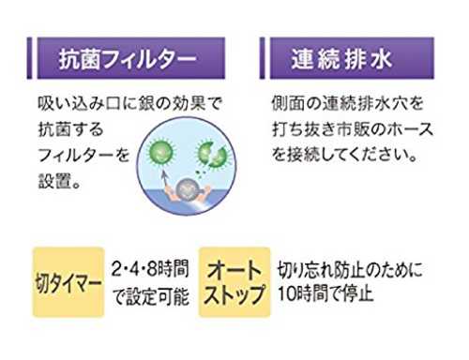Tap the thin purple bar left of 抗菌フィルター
click(x=29, y=58)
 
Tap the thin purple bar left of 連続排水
click(x=262, y=58)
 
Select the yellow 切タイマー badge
click(x=68, y=282)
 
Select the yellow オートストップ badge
click(x=234, y=282)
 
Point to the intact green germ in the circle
click(x=160, y=152)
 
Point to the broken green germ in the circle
click(x=213, y=154)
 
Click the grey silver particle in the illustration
click(x=187, y=188)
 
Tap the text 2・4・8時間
click(x=150, y=269)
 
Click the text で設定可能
click(x=151, y=296)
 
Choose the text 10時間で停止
click(x=325, y=293)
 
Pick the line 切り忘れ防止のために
click(x=350, y=269)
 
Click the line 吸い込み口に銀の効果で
click(x=130, y=103)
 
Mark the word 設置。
click(x=60, y=181)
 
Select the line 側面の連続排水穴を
click(x=347, y=103)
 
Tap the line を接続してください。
click(x=344, y=155)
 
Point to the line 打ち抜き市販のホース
click(x=353, y=129)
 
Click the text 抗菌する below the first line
click(x=70, y=129)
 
